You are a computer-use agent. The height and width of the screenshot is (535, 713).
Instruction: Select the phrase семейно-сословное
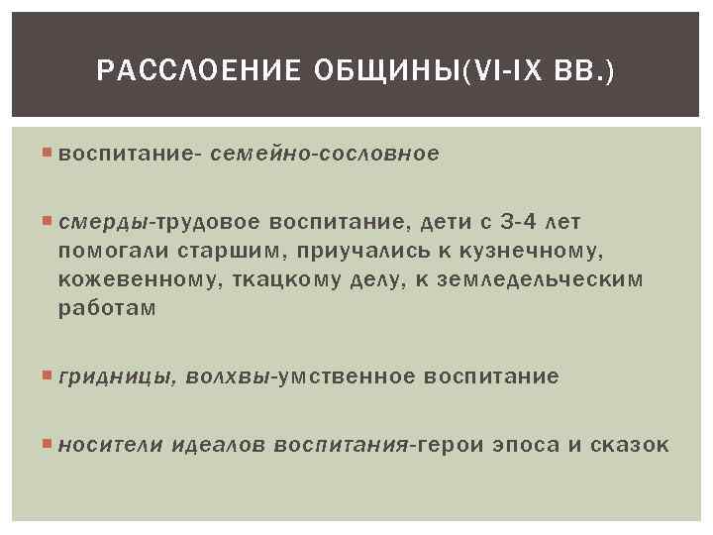[x=325, y=155]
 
